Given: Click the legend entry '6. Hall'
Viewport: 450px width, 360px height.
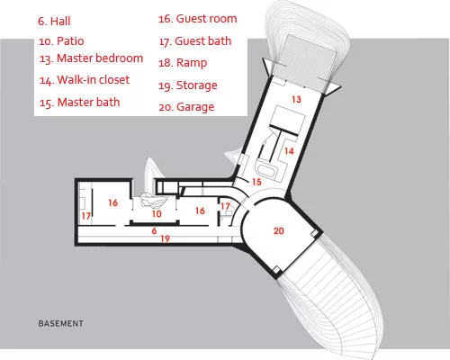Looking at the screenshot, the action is (x=54, y=22).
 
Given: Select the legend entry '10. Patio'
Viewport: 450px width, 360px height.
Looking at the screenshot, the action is (x=61, y=41).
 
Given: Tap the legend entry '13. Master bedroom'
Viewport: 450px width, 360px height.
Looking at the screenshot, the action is (x=91, y=58).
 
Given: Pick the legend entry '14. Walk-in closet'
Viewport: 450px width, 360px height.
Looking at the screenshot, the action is (x=85, y=80).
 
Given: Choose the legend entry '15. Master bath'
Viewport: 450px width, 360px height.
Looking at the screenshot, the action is (x=79, y=103).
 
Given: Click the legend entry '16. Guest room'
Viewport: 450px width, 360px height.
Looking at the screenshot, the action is (x=198, y=19).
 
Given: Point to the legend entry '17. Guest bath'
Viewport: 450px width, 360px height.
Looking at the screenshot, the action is (x=195, y=41).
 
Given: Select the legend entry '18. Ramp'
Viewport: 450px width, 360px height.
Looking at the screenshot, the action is (x=183, y=63).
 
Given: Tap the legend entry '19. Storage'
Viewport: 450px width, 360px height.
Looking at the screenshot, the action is (x=188, y=85).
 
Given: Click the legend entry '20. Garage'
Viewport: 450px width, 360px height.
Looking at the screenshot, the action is (x=186, y=107).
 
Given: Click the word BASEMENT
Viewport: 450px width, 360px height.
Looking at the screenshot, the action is (x=61, y=324).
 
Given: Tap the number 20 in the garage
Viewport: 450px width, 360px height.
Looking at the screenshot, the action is (x=279, y=230).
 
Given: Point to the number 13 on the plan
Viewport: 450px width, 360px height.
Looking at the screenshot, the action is (x=296, y=99).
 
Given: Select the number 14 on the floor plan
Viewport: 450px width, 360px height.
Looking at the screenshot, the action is (x=289, y=151).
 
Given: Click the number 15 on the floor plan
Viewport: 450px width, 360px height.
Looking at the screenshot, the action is (x=256, y=182).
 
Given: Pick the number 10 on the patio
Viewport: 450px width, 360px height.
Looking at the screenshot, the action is (x=157, y=214).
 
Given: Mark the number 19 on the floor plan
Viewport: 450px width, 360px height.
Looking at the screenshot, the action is (x=165, y=238).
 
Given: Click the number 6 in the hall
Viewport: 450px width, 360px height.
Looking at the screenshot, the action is (x=154, y=230).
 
